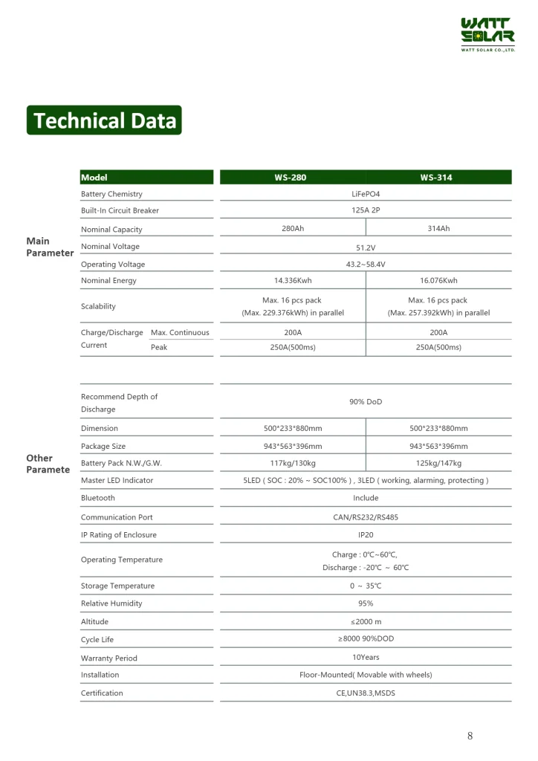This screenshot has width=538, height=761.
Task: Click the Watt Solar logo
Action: coord(487,34)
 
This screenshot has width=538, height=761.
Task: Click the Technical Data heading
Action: coord(104,120)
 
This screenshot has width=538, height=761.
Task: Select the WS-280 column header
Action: coord(290,178)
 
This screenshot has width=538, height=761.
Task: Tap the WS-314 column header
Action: coord(436,178)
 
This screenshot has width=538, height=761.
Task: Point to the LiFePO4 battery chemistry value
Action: coord(366,194)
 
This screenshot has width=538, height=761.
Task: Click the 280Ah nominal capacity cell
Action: coord(293,228)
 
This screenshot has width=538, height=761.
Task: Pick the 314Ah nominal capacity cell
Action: coord(438,228)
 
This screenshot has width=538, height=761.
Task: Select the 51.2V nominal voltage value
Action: coord(366,247)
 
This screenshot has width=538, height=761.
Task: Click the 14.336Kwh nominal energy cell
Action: coord(293,281)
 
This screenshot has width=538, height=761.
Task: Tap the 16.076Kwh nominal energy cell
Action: coord(438,281)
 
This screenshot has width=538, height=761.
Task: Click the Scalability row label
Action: coord(98,306)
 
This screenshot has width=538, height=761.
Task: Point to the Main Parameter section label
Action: coord(50,247)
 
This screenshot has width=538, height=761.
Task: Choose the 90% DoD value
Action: coord(366,402)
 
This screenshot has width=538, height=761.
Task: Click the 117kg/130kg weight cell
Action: coord(293,463)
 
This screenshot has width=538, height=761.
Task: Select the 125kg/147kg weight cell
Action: coord(438,463)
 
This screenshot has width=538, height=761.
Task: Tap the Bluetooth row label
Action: coord(98,498)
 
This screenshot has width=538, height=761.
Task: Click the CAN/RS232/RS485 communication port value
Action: coord(366,517)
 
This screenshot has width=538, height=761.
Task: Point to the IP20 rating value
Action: coord(366,534)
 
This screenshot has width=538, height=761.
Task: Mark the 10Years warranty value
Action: coord(366,657)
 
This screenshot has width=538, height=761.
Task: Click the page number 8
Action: coord(470,736)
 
